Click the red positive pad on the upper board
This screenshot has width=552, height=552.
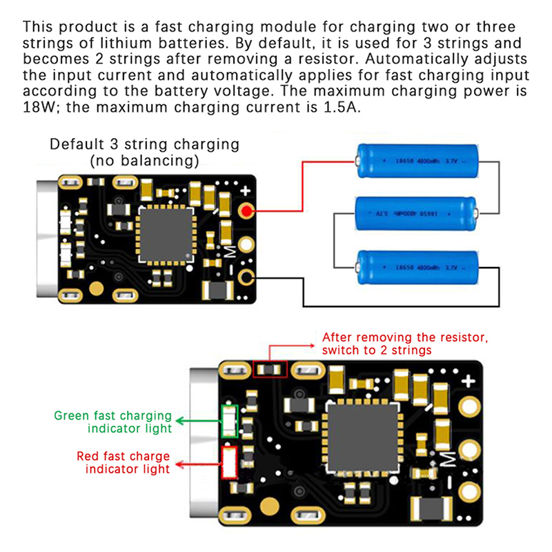[x=246, y=210]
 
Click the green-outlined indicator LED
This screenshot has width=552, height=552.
[x=228, y=420]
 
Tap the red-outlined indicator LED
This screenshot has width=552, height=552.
[x=228, y=463]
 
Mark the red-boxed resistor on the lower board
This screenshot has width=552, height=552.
[x=269, y=370]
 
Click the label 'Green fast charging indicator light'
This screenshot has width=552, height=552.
[x=113, y=422]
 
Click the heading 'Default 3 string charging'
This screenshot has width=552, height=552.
[x=145, y=146]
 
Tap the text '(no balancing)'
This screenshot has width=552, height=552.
[x=145, y=161]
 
